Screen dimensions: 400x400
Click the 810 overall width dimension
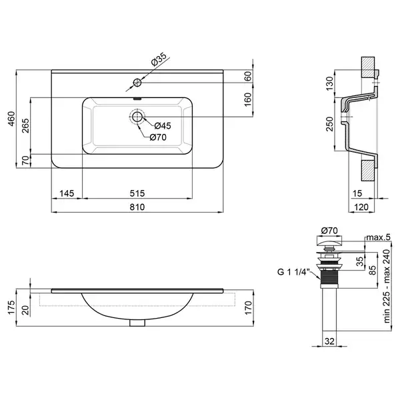pos(137,207)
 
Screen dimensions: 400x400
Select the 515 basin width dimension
pos(137,193)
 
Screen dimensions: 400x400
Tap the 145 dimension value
pos(67,193)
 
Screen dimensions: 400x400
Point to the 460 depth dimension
pos(12,119)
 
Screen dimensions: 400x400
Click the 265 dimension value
pos(25,125)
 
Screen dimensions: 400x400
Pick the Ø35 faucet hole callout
pos(159,60)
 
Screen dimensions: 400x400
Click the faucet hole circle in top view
pos(137,83)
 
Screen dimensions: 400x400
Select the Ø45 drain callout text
pos(163,126)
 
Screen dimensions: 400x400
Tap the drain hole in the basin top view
pos(137,117)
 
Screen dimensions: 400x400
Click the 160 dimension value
pos(248,100)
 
